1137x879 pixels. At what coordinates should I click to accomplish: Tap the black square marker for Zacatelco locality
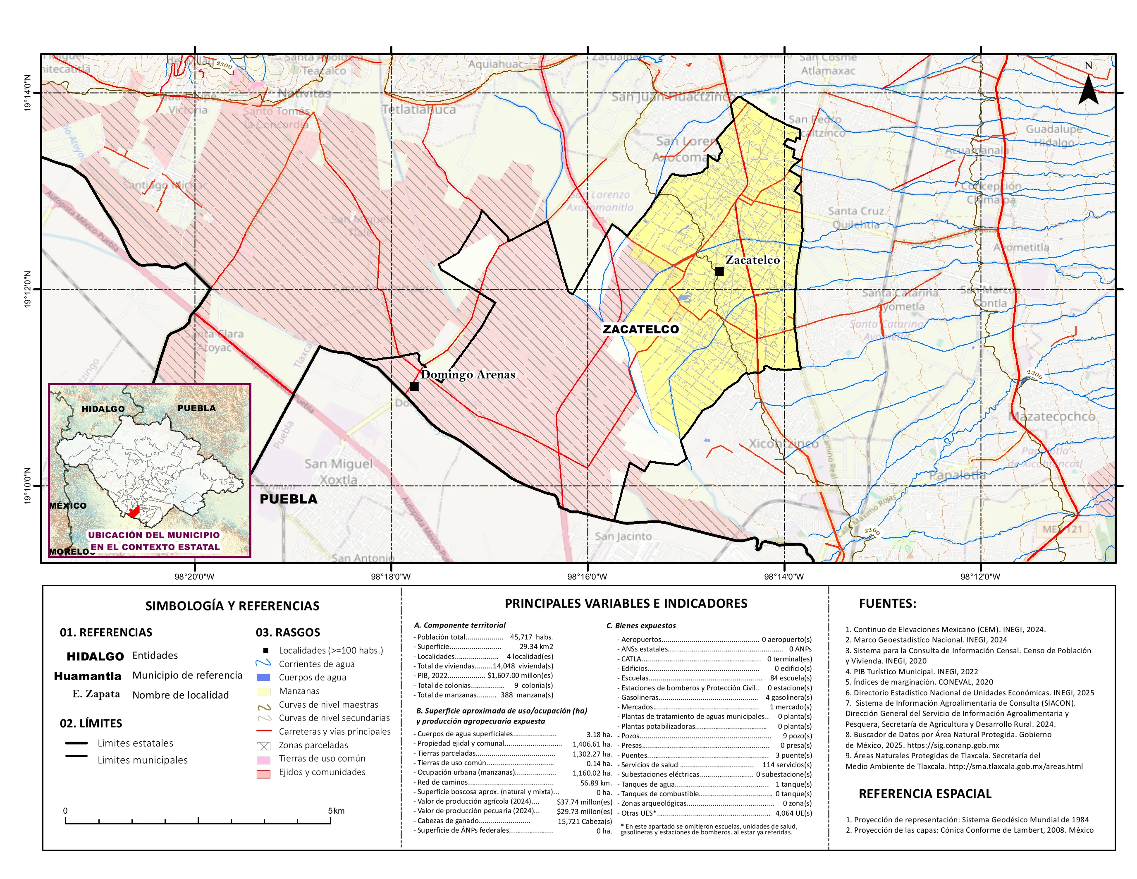[719, 271]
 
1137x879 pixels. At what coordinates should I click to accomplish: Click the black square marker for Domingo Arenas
[414, 386]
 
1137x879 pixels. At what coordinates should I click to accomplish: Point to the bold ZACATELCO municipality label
[640, 329]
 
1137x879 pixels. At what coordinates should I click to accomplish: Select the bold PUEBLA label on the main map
[289, 499]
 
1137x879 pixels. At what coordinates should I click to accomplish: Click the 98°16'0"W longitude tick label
[587, 577]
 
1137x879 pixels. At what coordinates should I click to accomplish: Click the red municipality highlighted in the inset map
[134, 512]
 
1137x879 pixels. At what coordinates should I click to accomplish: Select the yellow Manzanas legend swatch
[263, 692]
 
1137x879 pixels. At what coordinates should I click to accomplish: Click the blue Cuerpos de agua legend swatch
[263, 678]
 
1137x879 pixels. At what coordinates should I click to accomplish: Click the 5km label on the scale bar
[336, 811]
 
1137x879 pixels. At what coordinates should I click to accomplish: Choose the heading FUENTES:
[887, 604]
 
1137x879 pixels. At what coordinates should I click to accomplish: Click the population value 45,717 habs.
[531, 637]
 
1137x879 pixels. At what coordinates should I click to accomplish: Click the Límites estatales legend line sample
[76, 743]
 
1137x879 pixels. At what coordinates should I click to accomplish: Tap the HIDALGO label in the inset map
[103, 409]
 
